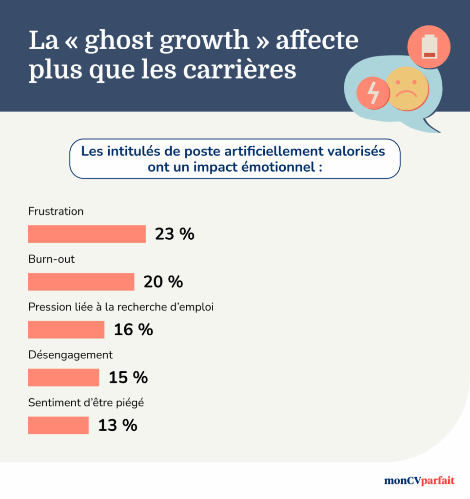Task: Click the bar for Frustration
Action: coord(87,234)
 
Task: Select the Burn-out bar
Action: coord(81,282)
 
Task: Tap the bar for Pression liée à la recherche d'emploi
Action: coord(66,329)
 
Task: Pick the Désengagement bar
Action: coord(63,377)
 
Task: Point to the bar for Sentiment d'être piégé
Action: coord(59,425)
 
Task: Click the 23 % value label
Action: coord(175,234)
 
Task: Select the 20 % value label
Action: coord(163,282)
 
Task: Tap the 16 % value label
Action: coord(134,330)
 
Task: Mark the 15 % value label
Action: coord(128,377)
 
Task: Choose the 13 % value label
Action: coord(117,425)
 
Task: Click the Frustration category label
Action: coord(56,211)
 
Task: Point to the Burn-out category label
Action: coord(52,259)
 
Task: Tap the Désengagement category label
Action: coord(70,355)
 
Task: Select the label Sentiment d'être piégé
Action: coord(86,403)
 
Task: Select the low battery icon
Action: coord(429,47)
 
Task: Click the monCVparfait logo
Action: coord(419,480)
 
